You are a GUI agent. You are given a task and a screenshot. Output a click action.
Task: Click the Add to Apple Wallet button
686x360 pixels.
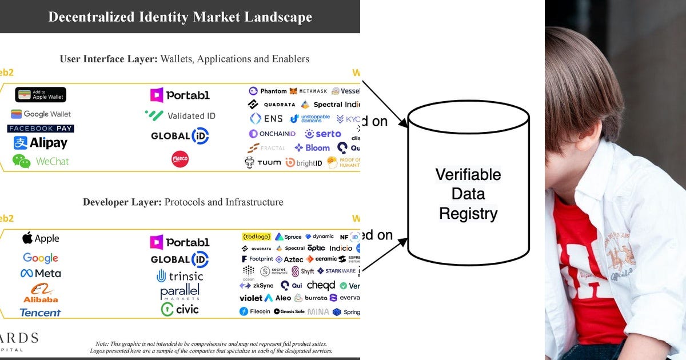pyautogui.click(x=41, y=95)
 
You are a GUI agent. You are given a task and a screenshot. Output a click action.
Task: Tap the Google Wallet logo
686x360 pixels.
pyautogui.click(x=41, y=114)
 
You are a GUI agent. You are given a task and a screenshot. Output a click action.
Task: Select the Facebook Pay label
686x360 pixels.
pyautogui.click(x=41, y=129)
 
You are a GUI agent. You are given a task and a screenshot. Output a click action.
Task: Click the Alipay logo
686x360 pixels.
pyautogui.click(x=41, y=143)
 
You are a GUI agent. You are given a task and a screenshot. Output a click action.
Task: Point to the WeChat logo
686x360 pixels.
pyautogui.click(x=41, y=161)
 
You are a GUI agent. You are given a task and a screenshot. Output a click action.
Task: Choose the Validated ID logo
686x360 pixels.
pyautogui.click(x=180, y=115)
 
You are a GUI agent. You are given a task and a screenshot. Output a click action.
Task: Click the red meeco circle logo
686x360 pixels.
pyautogui.click(x=180, y=159)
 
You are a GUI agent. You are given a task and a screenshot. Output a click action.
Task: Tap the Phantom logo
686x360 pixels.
pyautogui.click(x=268, y=91)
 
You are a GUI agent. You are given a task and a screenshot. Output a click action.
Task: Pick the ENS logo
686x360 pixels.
pyautogui.click(x=266, y=119)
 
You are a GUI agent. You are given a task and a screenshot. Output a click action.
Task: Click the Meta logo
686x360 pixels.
pyautogui.click(x=41, y=273)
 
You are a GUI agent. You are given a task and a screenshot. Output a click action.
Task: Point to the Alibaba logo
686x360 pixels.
pyautogui.click(x=41, y=293)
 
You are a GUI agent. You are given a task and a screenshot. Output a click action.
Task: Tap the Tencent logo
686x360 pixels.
pyautogui.click(x=40, y=313)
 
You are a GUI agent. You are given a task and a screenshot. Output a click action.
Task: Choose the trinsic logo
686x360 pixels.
pyautogui.click(x=180, y=276)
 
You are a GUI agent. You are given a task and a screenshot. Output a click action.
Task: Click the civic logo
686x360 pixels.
pyautogui.click(x=180, y=309)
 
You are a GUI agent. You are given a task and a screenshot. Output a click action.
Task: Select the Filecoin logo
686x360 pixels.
pyautogui.click(x=255, y=311)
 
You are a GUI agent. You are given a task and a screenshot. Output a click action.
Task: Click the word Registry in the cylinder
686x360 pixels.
pyautogui.click(x=468, y=214)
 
